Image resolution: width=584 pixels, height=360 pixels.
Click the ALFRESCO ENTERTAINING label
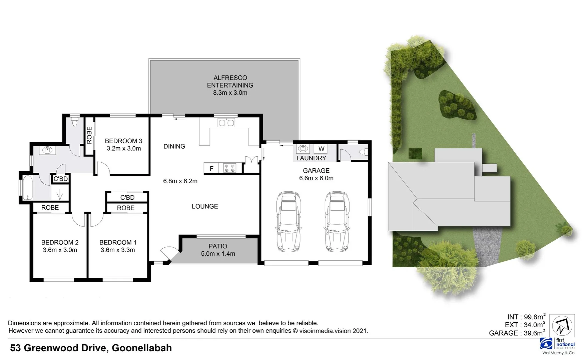pos(230,81)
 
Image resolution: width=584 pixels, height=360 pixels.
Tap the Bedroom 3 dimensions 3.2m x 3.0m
pos(124,149)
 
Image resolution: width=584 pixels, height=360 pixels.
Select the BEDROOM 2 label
pos(60,242)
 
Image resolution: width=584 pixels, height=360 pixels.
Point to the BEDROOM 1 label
pos(118,242)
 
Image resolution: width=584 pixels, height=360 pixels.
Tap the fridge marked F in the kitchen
pos(211,168)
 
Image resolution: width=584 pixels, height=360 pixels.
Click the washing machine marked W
pos(321,149)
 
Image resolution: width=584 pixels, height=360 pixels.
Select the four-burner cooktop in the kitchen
pos(229,168)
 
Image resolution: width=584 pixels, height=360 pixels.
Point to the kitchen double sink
pos(226,123)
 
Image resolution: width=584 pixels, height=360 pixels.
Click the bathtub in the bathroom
pos(27,188)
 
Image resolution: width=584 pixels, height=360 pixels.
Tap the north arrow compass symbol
pos(562,326)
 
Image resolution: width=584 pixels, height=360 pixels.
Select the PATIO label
pos(218,246)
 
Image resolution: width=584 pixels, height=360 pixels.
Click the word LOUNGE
pos(205,206)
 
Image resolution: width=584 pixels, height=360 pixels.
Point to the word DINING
pos(174,146)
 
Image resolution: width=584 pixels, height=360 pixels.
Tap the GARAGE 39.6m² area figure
pos(517,333)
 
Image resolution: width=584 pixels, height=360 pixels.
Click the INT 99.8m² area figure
pos(526,317)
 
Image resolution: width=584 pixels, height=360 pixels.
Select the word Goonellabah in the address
pos(142,348)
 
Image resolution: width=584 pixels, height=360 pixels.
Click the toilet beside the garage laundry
pos(363,152)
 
